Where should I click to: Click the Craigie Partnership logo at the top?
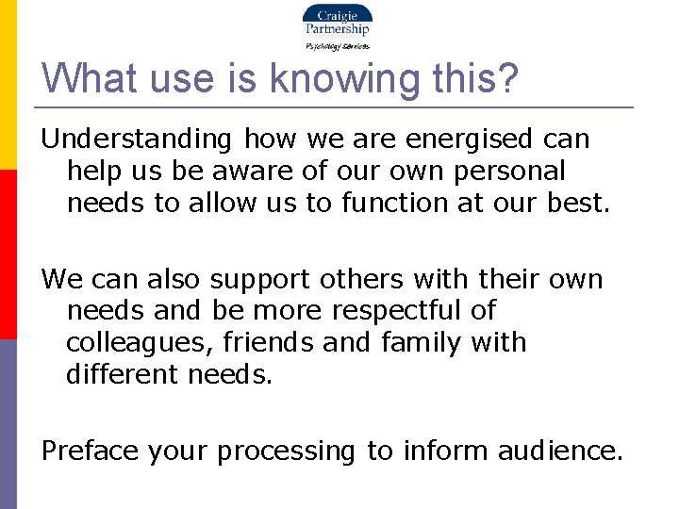tap(337, 21)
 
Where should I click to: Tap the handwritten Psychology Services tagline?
tap(337, 45)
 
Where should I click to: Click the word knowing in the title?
tap(344, 79)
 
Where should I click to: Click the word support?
tap(261, 279)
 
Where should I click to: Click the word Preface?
tap(91, 452)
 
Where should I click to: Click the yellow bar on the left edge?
tap(8, 85)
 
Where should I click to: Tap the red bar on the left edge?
tap(8, 254)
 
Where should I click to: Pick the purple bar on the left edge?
tap(8, 424)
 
